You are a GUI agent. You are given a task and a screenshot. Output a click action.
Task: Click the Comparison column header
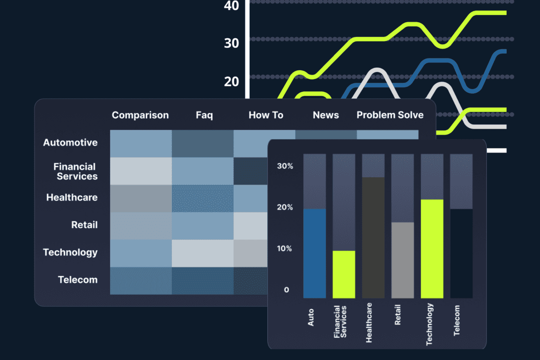coord(140,115)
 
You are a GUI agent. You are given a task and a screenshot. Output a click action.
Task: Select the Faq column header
coord(204,115)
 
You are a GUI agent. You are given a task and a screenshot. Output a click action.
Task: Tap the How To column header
coord(266,115)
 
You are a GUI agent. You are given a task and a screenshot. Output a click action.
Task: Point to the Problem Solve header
coord(390,115)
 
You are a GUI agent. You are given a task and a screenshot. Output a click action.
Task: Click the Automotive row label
coord(70,143)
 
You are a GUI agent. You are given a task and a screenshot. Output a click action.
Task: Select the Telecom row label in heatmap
coord(77,280)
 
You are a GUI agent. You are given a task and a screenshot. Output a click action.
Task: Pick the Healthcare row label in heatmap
coord(72,198)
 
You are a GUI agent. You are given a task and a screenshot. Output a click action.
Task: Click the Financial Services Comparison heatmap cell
coord(141,171)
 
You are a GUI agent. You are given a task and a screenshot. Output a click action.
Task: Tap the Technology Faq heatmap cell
coord(202,253)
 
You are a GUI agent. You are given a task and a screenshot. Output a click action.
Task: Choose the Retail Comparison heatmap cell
coord(141,225)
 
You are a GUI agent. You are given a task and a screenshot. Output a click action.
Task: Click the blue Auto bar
coord(314,253)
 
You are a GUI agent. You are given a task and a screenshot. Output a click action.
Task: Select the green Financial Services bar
coord(344,274)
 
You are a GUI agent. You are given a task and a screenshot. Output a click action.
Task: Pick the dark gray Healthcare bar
coord(373,238)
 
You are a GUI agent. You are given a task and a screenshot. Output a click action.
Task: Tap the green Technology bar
coord(432,249)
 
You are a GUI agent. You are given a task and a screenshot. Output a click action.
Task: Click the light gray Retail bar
coord(402,260)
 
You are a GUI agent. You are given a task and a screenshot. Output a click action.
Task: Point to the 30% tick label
coord(285,166)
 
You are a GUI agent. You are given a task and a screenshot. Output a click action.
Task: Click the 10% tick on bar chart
coord(285,248)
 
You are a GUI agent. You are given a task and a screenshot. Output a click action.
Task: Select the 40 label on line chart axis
coord(231,6)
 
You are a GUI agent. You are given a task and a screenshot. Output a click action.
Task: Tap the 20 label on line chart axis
coord(231,81)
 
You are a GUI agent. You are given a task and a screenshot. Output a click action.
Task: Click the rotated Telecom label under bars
coord(457,320)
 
